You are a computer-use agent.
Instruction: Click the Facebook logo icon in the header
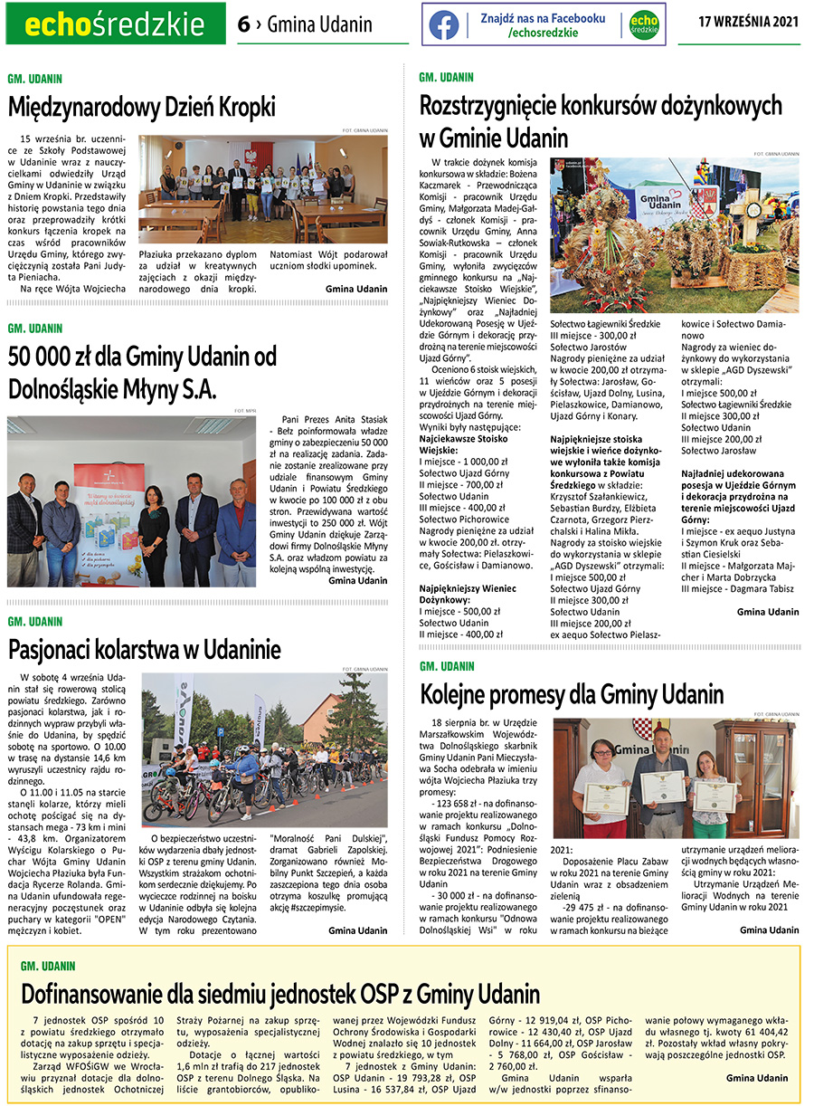443,24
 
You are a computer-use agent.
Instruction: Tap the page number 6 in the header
243,24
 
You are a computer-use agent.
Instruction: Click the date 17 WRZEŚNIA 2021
749,24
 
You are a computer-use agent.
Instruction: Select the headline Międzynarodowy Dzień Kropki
142,108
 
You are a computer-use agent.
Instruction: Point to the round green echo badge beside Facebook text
644,24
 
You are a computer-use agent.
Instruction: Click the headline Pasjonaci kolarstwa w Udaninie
145,649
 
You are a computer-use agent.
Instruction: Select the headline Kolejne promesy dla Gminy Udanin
572,694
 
